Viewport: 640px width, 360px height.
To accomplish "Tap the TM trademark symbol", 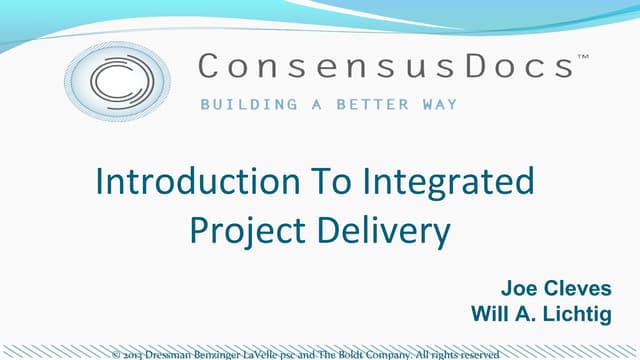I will pos(584,58).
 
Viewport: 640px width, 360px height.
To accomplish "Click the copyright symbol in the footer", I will pos(116,353).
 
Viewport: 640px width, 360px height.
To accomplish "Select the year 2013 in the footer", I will pos(134,353).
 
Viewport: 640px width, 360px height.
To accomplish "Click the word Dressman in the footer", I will pos(171,353).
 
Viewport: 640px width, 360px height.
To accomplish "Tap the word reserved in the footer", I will pos(478,353).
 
